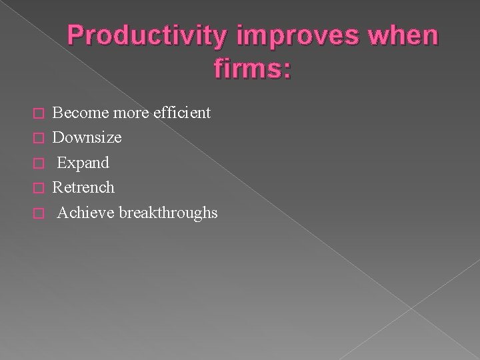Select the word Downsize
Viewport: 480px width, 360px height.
coord(87,138)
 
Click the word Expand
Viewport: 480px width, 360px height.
coord(83,163)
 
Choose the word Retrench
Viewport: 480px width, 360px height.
coord(83,187)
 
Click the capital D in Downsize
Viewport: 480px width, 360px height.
coord(58,138)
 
